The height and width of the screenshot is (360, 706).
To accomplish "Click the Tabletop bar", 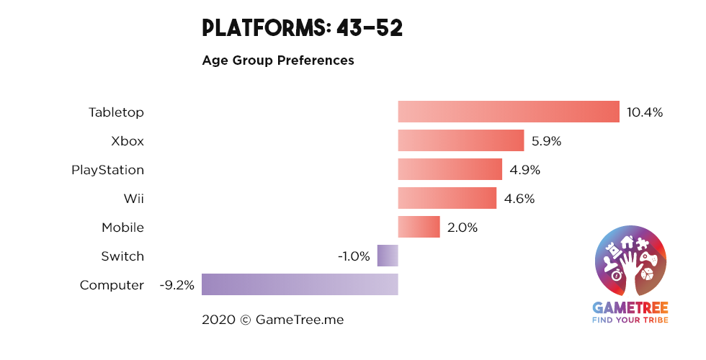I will tap(509, 112).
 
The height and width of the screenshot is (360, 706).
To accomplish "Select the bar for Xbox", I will tap(460, 140).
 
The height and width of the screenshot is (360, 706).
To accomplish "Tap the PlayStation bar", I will tap(450, 169).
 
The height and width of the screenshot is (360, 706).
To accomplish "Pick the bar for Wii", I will tap(447, 198).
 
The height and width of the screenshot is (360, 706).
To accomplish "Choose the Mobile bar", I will tap(419, 227).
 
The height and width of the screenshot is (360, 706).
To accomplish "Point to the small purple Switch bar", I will tap(388, 256).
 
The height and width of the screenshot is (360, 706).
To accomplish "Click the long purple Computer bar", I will tap(300, 284).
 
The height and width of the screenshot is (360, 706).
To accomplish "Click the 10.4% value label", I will tap(644, 112).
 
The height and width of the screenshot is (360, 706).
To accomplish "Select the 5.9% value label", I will tap(546, 141).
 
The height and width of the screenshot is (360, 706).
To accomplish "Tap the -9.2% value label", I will tap(177, 285).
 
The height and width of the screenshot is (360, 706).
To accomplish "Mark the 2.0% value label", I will tap(462, 228).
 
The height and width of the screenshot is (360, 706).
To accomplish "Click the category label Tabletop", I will tap(116, 112).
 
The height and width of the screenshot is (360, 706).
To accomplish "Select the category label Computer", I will tap(112, 285).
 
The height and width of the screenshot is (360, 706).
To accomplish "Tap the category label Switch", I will tap(122, 256).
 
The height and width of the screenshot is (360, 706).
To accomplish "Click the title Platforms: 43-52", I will tap(302, 28).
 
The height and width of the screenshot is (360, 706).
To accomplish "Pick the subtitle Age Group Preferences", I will tap(278, 60).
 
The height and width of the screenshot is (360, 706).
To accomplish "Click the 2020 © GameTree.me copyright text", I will tap(273, 319).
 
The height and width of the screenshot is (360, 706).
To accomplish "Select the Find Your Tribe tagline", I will tap(630, 320).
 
